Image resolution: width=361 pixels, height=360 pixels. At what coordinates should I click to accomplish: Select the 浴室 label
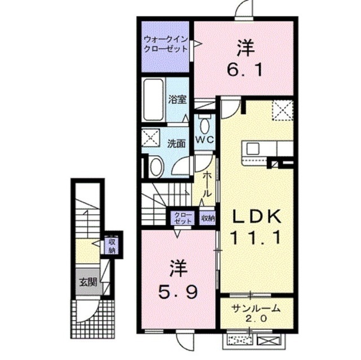177,100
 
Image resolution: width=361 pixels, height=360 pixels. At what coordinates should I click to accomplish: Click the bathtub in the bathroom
153,100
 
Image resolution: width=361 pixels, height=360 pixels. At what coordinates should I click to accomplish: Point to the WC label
205,140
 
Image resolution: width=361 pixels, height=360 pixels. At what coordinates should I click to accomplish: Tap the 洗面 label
177,144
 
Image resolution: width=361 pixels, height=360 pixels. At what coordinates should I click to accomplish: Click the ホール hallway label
207,184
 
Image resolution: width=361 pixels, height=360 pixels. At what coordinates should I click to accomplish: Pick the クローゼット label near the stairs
183,218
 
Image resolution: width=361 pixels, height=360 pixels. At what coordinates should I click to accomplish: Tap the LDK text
257,216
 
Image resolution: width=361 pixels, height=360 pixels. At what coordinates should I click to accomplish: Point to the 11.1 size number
256,237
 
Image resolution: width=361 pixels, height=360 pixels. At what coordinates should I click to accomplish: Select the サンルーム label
256,308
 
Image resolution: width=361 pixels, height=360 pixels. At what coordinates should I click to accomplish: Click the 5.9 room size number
178,292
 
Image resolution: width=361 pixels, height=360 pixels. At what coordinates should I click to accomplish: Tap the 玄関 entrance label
88,282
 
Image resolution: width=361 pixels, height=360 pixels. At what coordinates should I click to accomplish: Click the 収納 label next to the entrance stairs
112,246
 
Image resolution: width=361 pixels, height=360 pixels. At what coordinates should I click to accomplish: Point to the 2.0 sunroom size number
256,318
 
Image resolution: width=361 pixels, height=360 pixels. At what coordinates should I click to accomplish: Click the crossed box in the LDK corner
283,110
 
